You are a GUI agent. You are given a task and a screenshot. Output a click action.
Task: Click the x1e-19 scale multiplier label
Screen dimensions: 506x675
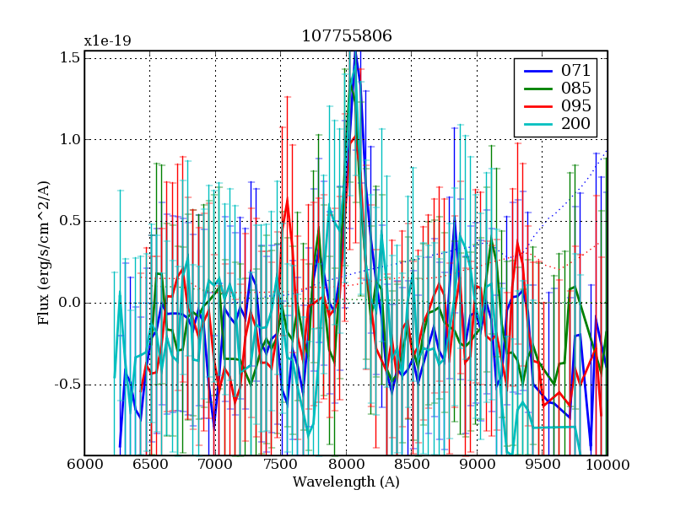pos(107,40)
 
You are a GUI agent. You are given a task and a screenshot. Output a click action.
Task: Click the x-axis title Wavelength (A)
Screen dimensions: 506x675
pos(346,482)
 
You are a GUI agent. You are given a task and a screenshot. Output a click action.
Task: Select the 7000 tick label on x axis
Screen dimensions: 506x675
pos(215,465)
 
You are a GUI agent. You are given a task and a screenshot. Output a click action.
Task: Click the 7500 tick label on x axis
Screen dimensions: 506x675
pos(280,465)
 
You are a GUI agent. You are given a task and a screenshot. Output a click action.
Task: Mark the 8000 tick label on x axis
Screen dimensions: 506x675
pos(346,465)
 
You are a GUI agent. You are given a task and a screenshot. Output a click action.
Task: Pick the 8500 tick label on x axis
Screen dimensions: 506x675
pos(411,465)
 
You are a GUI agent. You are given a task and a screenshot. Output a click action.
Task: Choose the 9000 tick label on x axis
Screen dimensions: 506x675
pos(477,465)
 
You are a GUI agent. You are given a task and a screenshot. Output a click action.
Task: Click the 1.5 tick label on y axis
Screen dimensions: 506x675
pos(70,57)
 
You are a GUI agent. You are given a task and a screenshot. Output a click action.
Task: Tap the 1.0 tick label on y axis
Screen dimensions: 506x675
pos(70,139)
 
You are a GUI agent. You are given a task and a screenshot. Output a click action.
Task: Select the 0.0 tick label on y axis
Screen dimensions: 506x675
pos(70,303)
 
